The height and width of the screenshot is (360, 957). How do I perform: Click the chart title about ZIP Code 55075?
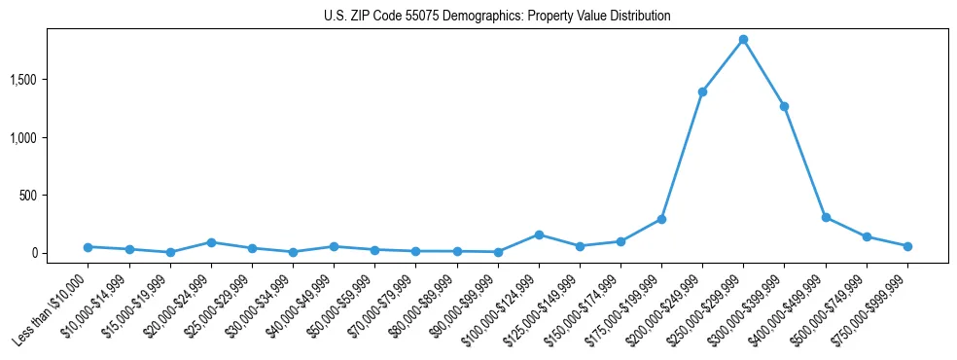coord(497,17)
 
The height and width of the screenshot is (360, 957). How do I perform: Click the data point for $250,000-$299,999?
coord(743,40)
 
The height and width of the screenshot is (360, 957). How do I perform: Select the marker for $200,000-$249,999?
coord(702,91)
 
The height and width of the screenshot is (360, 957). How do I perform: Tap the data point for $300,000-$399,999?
coord(784,106)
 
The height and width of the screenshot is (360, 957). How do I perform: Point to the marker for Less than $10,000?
coord(89,247)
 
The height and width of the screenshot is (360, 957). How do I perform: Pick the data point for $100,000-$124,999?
coord(539,234)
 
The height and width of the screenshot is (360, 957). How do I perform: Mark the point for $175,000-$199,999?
coord(661,219)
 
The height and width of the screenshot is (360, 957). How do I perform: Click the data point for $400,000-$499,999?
coord(826,218)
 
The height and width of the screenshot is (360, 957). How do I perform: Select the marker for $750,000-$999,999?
coord(907,246)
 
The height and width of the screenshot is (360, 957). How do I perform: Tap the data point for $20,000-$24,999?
coord(211,242)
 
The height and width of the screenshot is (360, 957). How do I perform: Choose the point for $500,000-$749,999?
coord(867,236)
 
